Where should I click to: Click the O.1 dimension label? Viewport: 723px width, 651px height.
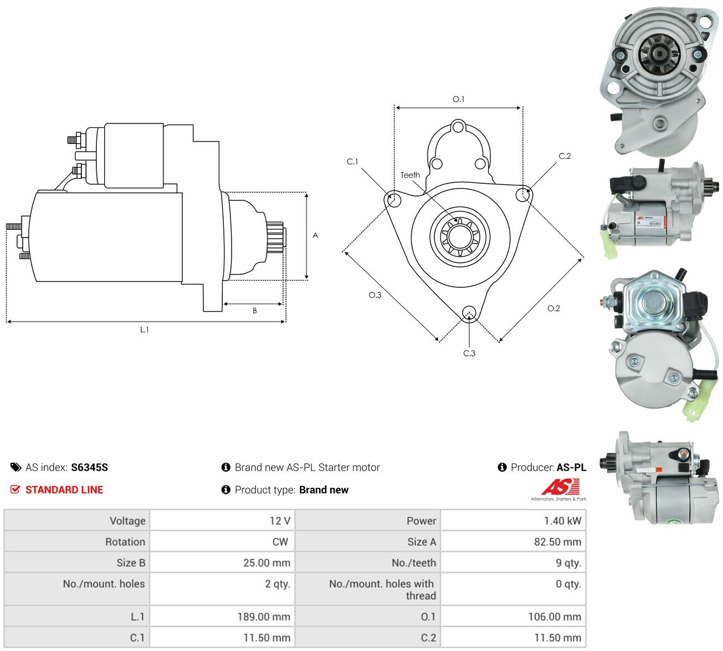458,99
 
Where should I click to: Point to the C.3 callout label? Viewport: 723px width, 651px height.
469,353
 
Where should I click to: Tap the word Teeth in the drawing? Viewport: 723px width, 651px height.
410,175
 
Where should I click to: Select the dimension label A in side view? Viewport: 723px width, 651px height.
315,235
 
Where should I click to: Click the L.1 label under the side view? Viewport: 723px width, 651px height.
144,329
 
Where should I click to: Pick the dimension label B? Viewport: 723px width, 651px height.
254,311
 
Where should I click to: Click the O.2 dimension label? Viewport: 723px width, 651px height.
553,308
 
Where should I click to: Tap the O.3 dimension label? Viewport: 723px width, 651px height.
375,295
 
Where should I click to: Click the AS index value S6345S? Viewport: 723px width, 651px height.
89,467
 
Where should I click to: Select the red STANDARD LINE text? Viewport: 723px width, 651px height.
64,489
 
